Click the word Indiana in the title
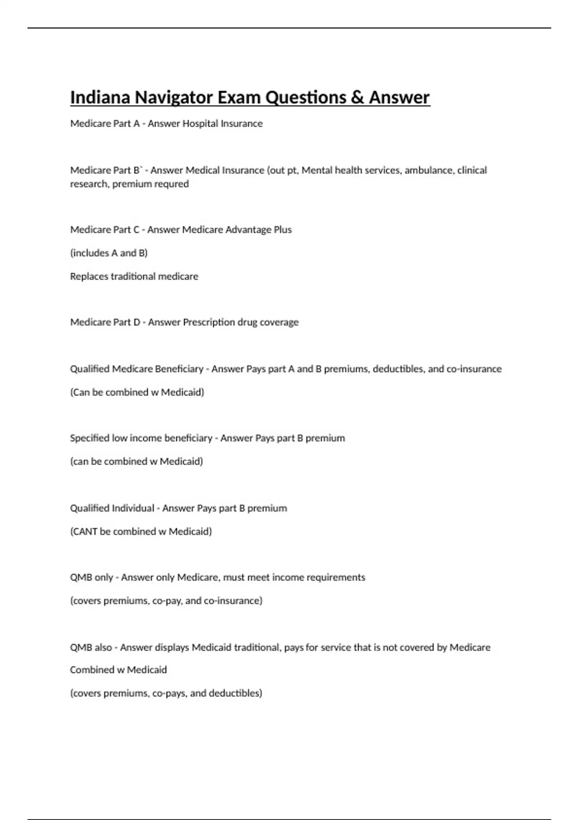tap(100, 97)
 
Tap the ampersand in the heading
tap(357, 97)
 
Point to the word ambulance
tap(429, 170)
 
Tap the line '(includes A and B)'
tap(109, 253)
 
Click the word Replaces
tap(89, 276)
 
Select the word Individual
tap(133, 508)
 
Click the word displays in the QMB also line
tap(172, 647)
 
